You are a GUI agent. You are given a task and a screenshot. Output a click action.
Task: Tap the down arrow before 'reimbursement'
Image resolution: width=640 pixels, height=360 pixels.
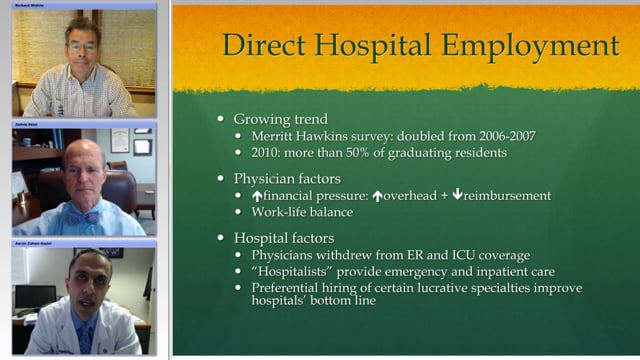458,195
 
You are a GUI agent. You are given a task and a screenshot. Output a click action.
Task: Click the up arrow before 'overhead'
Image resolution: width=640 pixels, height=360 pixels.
378,195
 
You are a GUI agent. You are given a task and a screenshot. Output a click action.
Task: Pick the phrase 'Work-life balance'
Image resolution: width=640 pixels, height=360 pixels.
310,212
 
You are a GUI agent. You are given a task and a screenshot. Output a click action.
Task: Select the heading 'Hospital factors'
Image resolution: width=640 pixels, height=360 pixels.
293,239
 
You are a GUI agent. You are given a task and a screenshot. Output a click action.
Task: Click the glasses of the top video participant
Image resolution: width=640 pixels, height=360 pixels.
82,46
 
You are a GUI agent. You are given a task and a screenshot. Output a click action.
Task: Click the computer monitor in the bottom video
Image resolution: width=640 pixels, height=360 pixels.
33,297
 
